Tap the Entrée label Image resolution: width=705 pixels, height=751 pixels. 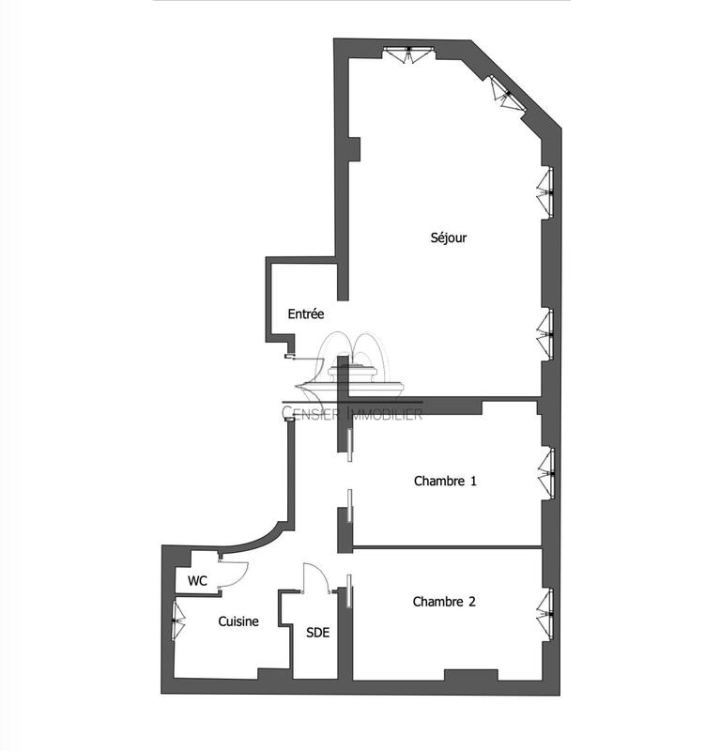305,314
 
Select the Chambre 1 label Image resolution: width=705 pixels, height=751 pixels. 445,482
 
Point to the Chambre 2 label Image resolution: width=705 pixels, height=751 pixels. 444,602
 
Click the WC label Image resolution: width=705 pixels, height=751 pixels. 197,581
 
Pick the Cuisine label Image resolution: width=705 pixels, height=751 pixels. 238,621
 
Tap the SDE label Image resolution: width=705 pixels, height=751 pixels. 317,632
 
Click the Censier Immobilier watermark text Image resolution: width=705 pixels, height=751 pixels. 353,413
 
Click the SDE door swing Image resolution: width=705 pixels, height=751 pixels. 314,578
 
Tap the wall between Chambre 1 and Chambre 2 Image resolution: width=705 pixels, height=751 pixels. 446,545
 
